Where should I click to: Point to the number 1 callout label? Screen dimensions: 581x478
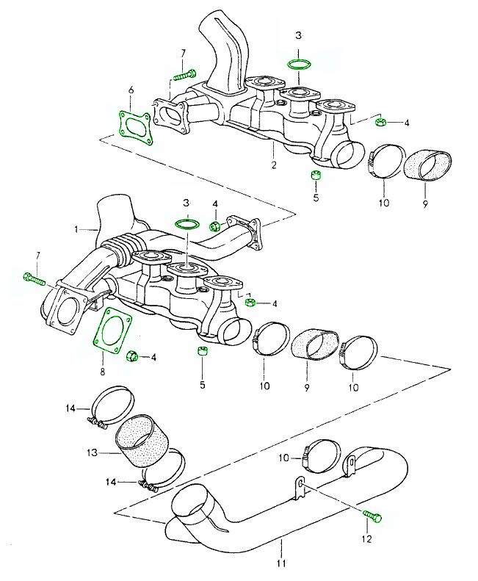[x=76, y=229]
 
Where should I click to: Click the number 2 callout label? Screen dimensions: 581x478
[x=273, y=165]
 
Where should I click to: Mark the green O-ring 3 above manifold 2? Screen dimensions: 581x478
[x=297, y=65]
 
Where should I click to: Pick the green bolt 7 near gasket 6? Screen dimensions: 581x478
[x=184, y=74]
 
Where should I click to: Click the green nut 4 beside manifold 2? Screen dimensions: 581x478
[x=380, y=121]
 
